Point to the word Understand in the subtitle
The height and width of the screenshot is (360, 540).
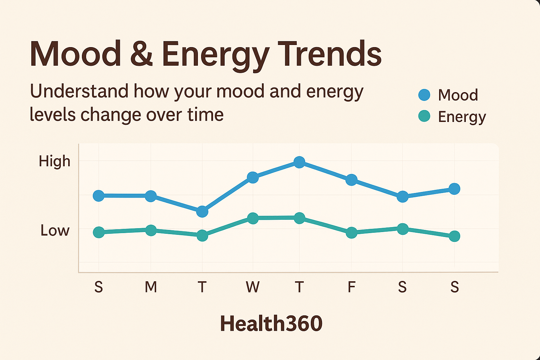tap(79, 91)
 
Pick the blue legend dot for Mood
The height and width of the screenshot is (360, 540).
tap(424, 95)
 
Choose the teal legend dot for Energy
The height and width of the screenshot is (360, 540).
tap(424, 116)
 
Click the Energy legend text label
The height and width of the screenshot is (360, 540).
tap(462, 117)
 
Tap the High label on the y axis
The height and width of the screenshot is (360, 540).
tap(54, 161)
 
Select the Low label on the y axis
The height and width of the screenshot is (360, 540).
tap(55, 231)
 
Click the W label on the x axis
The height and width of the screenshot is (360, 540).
tap(253, 287)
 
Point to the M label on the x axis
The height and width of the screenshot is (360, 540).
tap(151, 287)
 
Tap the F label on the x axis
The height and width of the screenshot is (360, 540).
tap(351, 287)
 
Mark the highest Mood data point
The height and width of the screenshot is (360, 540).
tap(299, 162)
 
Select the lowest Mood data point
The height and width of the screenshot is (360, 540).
tap(202, 212)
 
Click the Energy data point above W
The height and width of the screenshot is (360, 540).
tap(253, 218)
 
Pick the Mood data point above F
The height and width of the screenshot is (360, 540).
tap(351, 180)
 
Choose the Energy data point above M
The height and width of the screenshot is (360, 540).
tap(151, 230)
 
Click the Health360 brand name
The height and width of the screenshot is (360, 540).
tap(271, 323)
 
